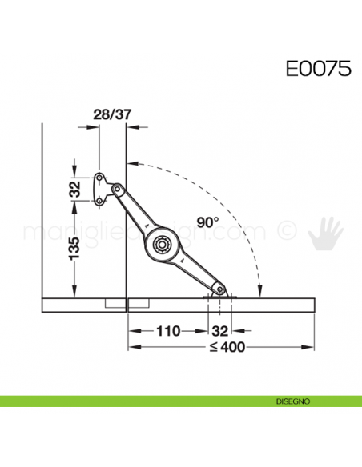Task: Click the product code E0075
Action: tap(318, 68)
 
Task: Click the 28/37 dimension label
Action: tap(112, 114)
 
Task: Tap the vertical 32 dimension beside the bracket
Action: tap(74, 190)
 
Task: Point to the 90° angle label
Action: tap(206, 222)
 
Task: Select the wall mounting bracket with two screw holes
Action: tap(101, 190)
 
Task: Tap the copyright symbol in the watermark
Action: tap(287, 232)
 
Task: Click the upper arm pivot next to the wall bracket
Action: tap(117, 189)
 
